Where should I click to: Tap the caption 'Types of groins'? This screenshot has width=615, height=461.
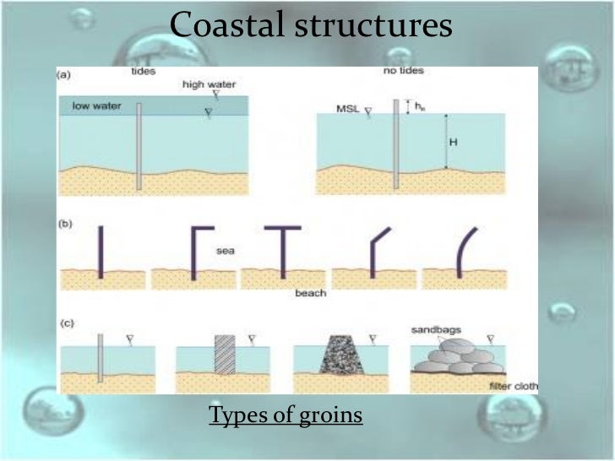286,415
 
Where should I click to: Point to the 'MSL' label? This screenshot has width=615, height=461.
350,108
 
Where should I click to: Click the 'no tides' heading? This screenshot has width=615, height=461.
403,71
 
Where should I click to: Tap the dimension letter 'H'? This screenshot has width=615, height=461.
453,142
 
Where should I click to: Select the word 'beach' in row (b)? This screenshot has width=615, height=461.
310,293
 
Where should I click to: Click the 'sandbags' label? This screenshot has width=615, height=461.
438,330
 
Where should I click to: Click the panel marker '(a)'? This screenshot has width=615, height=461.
64,75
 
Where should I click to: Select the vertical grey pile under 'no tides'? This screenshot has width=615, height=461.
395,144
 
